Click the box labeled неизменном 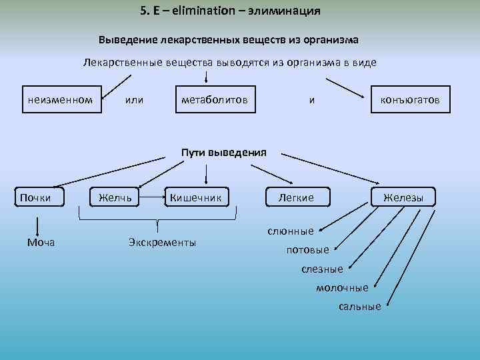pos(60,100)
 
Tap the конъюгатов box pos(409,100)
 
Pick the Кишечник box pos(199,197)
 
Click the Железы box pos(403,197)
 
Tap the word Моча pos(41,242)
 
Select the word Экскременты pos(162,242)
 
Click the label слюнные pos(290,231)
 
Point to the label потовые pos(307,250)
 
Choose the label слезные pos(322,269)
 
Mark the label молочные pos(341,287)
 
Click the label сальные pos(359,306)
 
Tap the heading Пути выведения pos(224,152)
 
